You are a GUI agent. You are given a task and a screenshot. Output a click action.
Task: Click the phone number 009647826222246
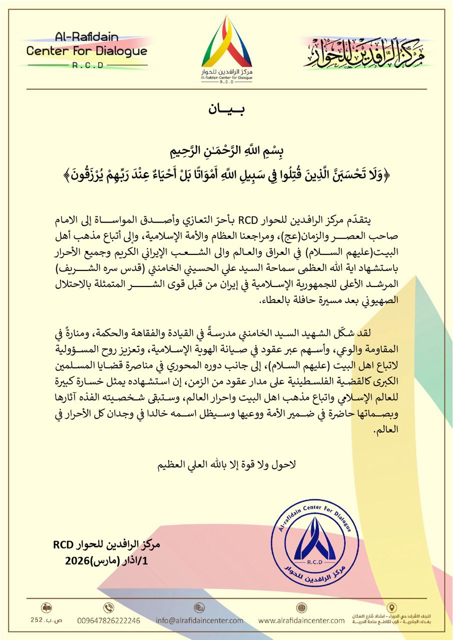[109, 620]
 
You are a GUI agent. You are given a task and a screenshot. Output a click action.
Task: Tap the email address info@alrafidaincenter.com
[199, 620]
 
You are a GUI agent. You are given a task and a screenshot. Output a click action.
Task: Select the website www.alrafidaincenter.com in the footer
[301, 620]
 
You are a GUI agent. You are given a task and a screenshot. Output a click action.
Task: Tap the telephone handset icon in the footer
[109, 607]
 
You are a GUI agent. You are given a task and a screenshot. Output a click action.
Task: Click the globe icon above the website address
[301, 607]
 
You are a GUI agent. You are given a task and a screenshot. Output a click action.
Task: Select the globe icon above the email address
[199, 607]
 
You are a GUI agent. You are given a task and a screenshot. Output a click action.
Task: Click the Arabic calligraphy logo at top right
[364, 52]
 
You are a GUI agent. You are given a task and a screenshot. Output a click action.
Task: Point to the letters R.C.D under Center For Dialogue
[87, 64]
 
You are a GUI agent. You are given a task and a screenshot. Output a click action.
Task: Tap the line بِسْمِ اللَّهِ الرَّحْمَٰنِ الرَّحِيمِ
[226, 151]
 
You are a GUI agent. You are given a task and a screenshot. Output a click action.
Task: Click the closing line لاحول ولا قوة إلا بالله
[227, 464]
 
